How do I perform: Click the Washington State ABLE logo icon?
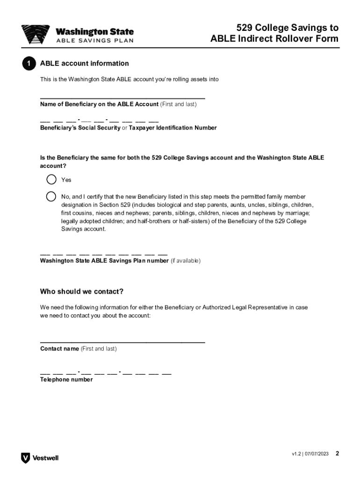coord(36,35)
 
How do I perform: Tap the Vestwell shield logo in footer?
coord(25,458)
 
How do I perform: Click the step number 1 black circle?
coord(29,64)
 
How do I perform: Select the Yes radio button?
coord(51,180)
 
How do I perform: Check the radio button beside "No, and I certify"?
coord(51,196)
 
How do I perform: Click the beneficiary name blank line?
coord(122,97)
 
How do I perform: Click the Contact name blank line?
coord(122,341)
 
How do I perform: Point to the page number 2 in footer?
coord(337,454)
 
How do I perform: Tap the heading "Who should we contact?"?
coord(82,292)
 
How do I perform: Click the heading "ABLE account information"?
coord(85,64)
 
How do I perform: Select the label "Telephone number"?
coord(66,380)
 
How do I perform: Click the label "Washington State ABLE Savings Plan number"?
coord(104,261)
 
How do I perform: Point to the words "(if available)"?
coord(185,261)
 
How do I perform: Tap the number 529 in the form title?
coord(245,28)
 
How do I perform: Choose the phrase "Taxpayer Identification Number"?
coord(173,128)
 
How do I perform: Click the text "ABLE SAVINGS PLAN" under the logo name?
coord(95,41)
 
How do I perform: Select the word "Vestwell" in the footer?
coord(45,458)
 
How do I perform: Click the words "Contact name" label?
coord(59,349)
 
